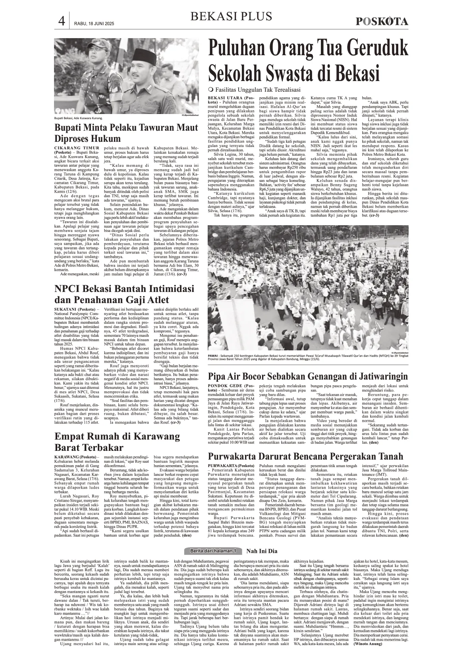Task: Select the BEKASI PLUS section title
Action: coord(231,17)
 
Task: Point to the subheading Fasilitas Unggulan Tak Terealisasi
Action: coord(257,89)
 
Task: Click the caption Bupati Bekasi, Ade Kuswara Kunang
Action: coord(79,118)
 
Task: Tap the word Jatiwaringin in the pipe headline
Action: coord(378,376)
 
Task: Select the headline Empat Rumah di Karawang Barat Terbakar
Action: coord(117,442)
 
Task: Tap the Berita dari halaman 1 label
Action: coord(213,551)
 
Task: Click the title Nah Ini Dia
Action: coord(262,551)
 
